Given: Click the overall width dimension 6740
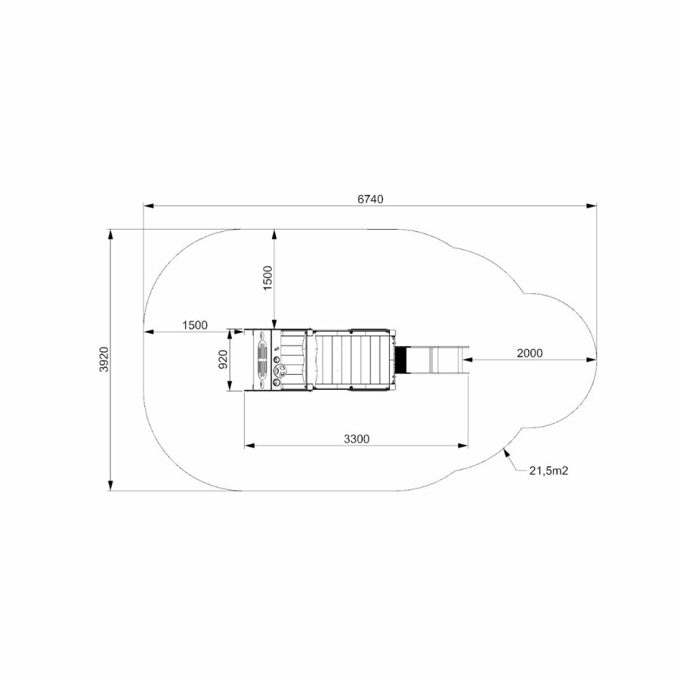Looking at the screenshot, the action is pyautogui.click(x=370, y=199).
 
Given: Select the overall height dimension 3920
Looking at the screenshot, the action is pyautogui.click(x=104, y=359).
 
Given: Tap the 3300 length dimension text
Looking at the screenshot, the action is pyautogui.click(x=357, y=439).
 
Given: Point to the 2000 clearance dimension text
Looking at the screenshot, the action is pyautogui.click(x=530, y=353).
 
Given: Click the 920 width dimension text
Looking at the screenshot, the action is pyautogui.click(x=223, y=360).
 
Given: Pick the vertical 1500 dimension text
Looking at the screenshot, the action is pyautogui.click(x=268, y=278).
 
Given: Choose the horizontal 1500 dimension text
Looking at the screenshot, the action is pyautogui.click(x=195, y=325).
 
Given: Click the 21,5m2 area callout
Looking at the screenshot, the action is pyautogui.click(x=549, y=470).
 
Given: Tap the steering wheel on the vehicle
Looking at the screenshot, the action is pyautogui.click(x=281, y=371).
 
